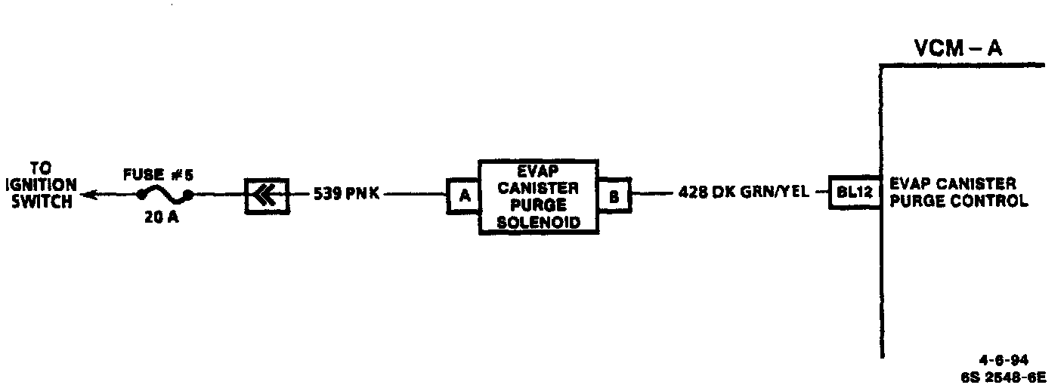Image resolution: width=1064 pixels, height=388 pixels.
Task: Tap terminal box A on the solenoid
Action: pyautogui.click(x=465, y=196)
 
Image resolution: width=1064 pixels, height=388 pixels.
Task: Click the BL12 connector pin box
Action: pyautogui.click(x=854, y=193)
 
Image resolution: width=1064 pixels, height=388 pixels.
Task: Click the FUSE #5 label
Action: pyautogui.click(x=159, y=176)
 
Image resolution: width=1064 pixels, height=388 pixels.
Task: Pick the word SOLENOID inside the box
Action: pyautogui.click(x=538, y=223)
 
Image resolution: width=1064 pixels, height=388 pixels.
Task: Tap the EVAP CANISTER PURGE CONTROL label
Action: pyautogui.click(x=958, y=193)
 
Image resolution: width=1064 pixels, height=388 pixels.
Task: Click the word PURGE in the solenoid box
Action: pyautogui.click(x=538, y=205)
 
